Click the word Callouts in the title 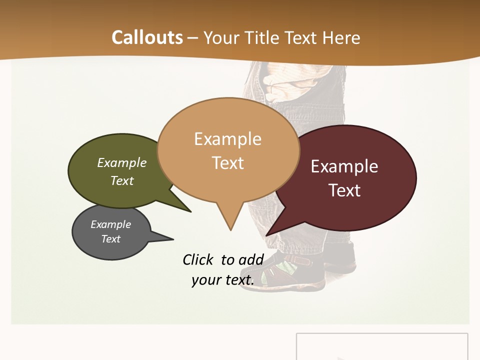(x=147, y=37)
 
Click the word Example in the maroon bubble (x=344, y=166)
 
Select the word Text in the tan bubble (x=228, y=163)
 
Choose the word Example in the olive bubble (x=122, y=162)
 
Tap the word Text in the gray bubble (x=111, y=239)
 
